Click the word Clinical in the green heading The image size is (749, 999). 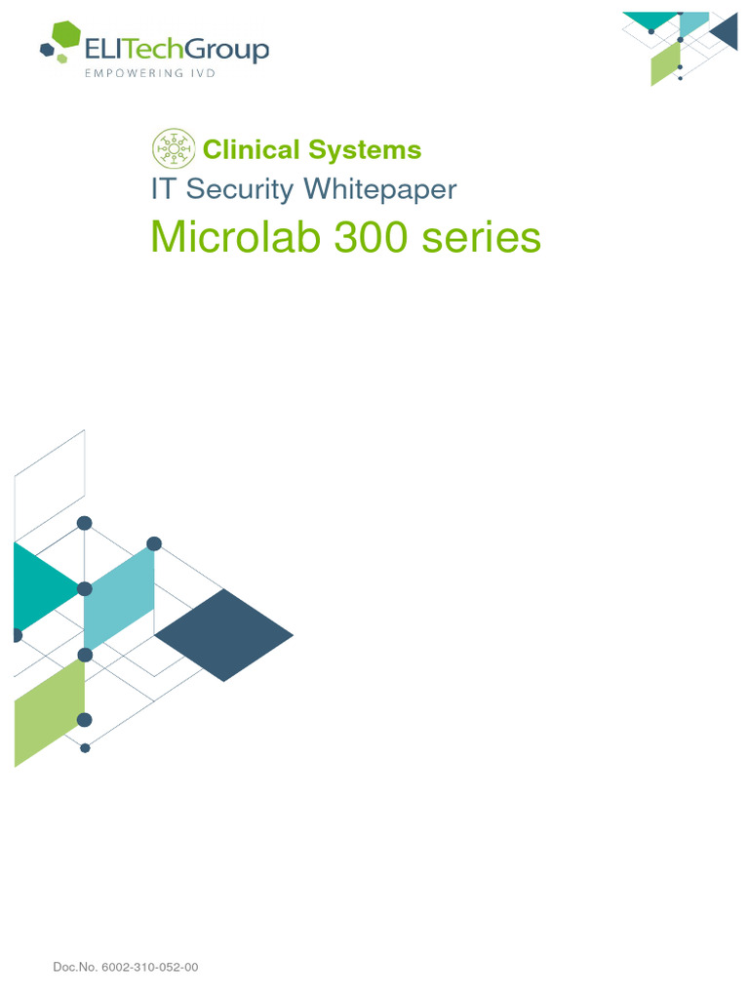[x=251, y=150]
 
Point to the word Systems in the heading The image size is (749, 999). [x=365, y=150]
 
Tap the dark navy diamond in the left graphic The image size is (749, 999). [x=223, y=635]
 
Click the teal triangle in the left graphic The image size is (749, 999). [x=39, y=587]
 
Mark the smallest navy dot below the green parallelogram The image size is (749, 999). [x=85, y=748]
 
